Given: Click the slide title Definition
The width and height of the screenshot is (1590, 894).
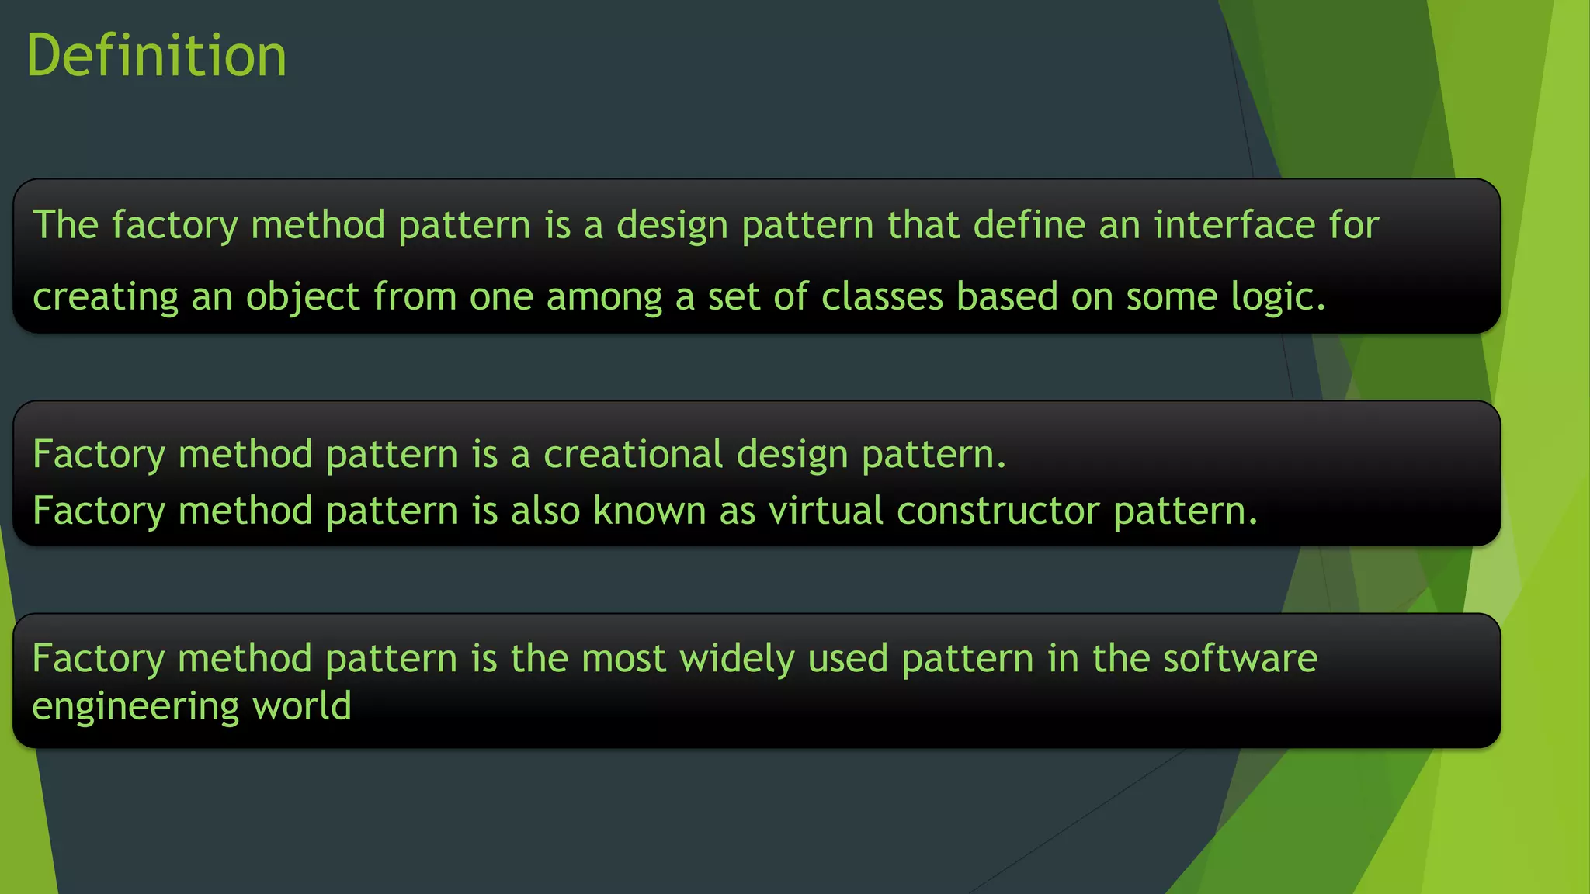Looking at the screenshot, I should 157,56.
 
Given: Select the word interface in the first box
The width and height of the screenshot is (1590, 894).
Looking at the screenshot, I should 1234,225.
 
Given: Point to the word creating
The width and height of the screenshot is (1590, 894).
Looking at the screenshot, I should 106,297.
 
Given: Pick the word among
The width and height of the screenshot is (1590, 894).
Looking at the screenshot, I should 604,297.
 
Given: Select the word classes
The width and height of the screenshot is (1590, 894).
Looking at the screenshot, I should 882,297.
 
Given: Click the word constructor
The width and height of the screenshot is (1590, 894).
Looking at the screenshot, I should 998,511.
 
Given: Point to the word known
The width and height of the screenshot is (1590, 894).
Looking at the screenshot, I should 649,511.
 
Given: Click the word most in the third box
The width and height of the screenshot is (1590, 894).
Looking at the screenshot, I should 623,659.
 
